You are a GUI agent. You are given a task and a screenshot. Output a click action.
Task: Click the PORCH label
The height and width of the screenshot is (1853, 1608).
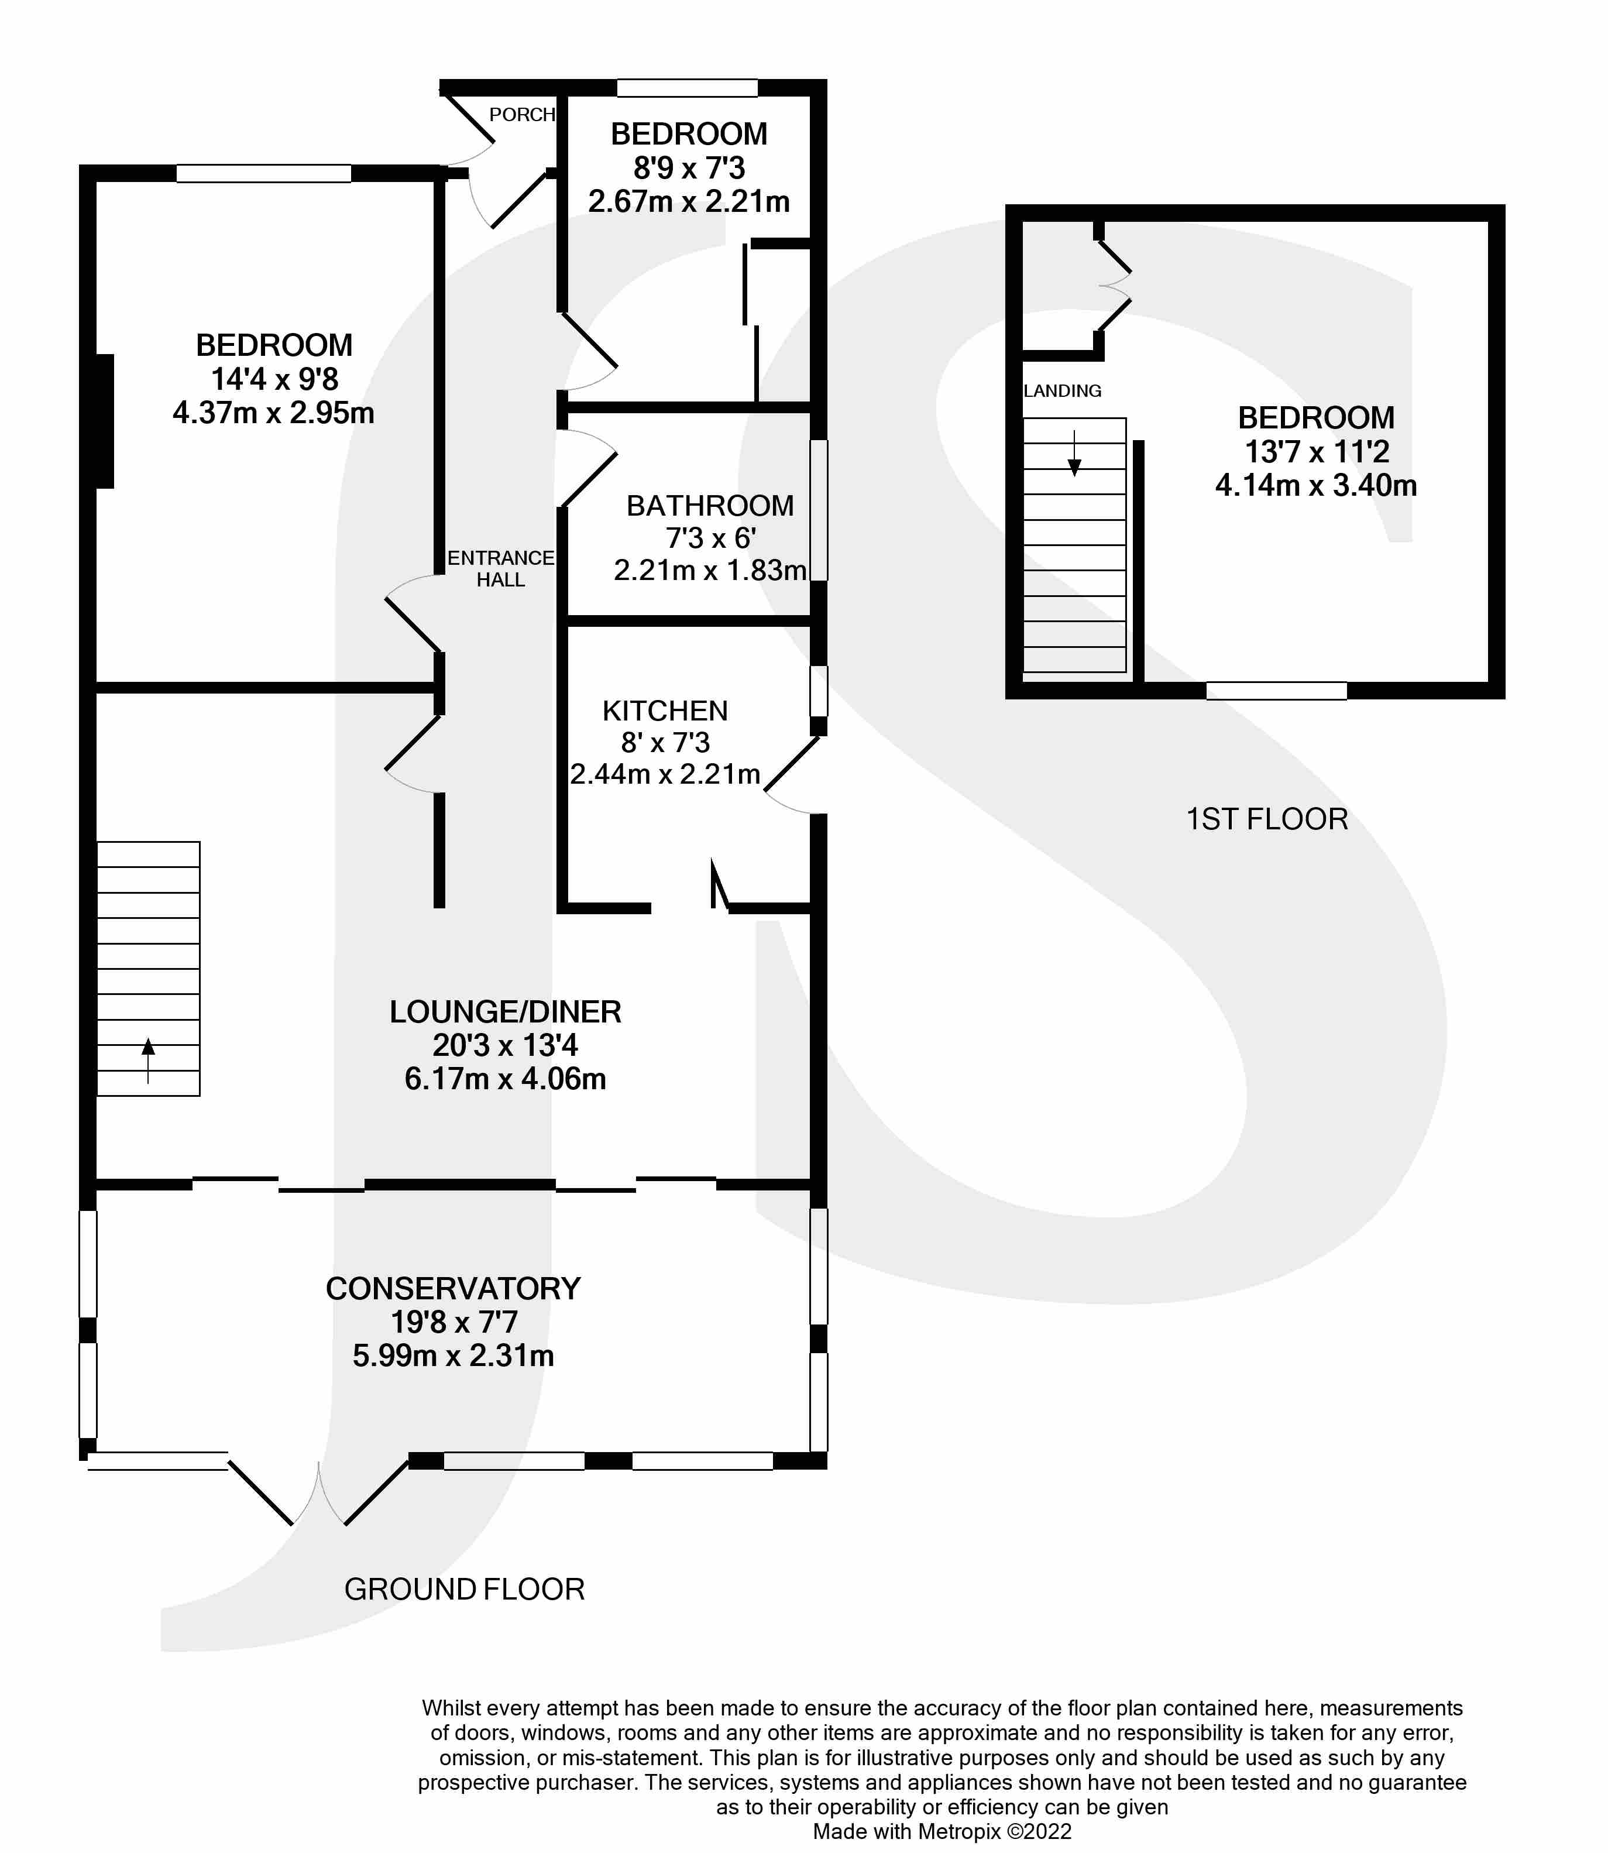click(521, 115)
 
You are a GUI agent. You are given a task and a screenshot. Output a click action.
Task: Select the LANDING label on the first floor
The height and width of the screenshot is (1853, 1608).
click(1063, 391)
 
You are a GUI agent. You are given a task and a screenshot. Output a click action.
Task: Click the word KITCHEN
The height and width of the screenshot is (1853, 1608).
click(665, 711)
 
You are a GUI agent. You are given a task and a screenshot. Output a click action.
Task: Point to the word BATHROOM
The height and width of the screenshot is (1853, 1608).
click(710, 506)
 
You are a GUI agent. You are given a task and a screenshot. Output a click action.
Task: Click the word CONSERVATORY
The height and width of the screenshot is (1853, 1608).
click(453, 1289)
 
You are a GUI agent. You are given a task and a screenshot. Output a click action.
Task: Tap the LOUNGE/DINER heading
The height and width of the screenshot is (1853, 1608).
click(505, 1012)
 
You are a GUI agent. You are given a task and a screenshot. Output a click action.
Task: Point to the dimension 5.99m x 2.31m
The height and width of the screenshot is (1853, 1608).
click(453, 1355)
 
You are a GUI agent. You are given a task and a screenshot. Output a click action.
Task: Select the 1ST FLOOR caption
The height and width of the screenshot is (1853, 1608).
click(1267, 819)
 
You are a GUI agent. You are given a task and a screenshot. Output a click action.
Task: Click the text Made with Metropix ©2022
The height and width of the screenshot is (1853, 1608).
click(942, 1831)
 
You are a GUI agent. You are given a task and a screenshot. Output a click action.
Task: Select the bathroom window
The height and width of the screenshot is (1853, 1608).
click(819, 510)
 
